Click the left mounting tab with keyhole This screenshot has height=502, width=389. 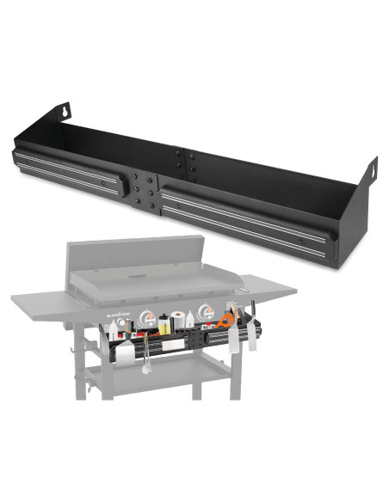64,112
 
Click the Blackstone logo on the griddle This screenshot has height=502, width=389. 115,315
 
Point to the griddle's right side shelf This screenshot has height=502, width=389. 267,283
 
